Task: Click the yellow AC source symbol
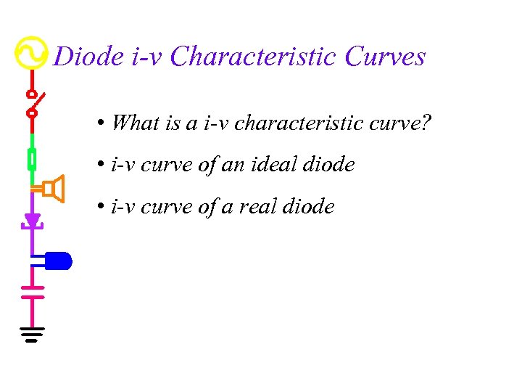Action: coord(32,52)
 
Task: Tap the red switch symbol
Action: coord(33,103)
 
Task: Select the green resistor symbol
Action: coord(32,158)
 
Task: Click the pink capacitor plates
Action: coord(32,292)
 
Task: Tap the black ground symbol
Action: coord(32,334)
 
